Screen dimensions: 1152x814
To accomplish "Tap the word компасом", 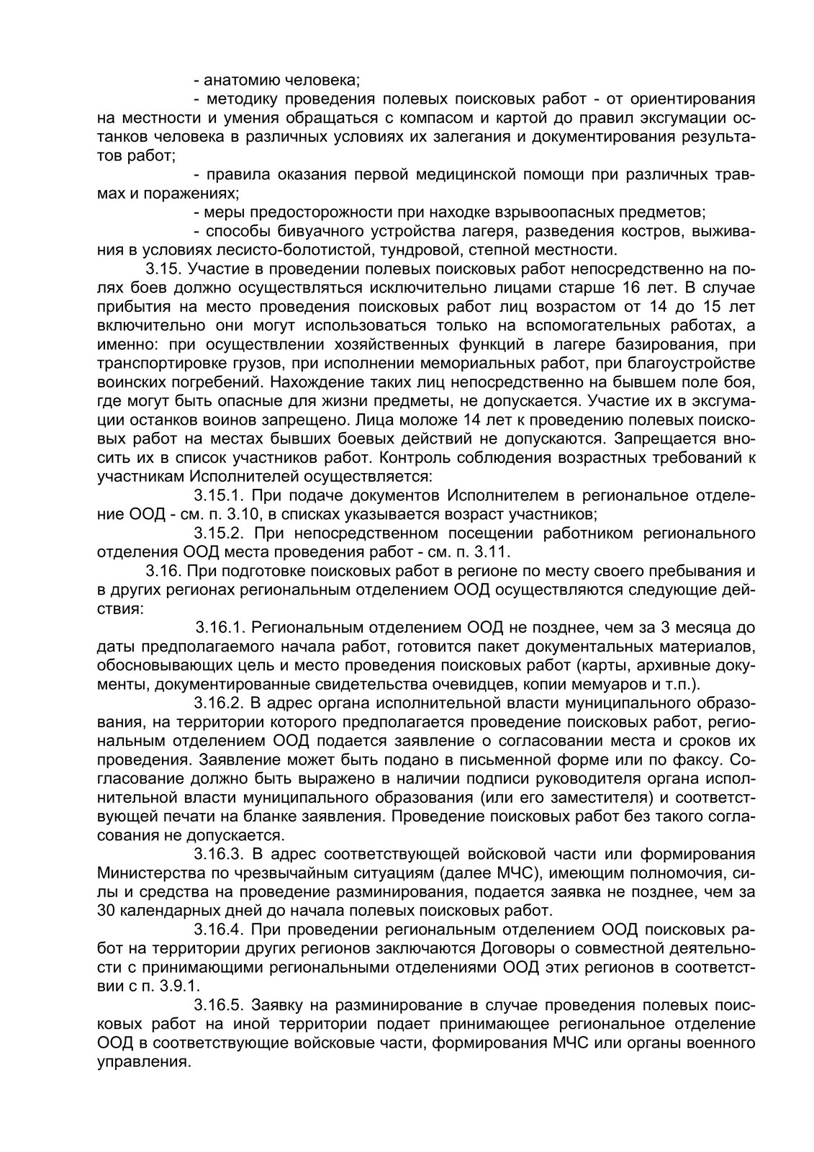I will tap(438, 117).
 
